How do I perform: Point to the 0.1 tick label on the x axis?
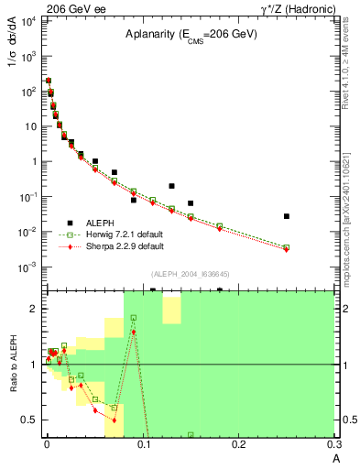(x=142, y=443)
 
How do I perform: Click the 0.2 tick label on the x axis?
(x=238, y=443)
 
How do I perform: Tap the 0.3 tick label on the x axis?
(x=333, y=443)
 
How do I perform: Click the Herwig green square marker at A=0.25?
(x=287, y=247)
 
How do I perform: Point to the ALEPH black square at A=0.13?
(x=171, y=186)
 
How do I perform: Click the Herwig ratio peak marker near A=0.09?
(x=134, y=318)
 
